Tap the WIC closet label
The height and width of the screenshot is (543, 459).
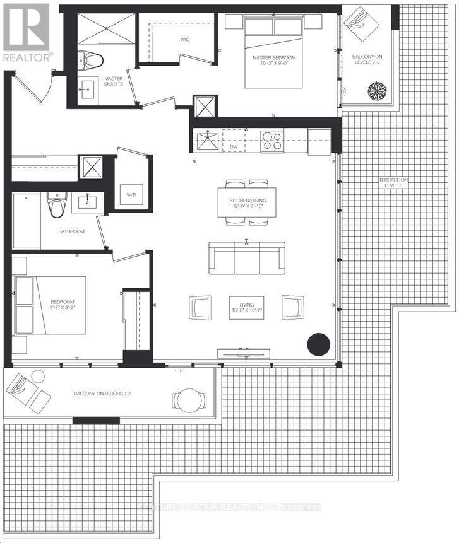pos(185,39)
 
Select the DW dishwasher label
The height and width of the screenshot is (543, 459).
pos(233,146)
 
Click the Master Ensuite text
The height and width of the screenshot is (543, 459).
pos(114,81)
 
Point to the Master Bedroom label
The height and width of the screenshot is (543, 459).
pos(273,61)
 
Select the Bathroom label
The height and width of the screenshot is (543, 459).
pos(71,231)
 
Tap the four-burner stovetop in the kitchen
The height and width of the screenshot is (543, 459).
pos(272,141)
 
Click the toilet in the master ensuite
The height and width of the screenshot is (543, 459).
pos(92,61)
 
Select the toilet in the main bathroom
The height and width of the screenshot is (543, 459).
pos(56,204)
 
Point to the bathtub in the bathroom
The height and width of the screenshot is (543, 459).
pos(26,220)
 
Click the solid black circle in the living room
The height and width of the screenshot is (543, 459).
pos(318,344)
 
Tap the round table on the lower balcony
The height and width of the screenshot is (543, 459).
pos(189,399)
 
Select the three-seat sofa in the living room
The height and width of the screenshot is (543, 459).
pos(246,258)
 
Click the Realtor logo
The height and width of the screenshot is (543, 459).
pos(27,32)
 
